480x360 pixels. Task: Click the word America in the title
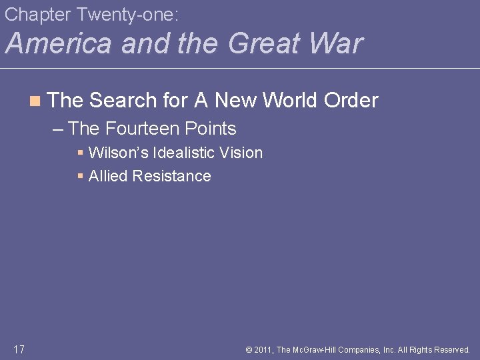pyautogui.click(x=59, y=43)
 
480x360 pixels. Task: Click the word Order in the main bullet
pyautogui.click(x=351, y=101)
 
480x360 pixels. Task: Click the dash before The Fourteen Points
pyautogui.click(x=58, y=128)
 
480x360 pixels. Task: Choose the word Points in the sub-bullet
pyautogui.click(x=209, y=128)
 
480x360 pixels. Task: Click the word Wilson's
pyautogui.click(x=119, y=153)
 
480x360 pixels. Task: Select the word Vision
pyautogui.click(x=246, y=153)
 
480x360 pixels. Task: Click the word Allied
pyautogui.click(x=109, y=176)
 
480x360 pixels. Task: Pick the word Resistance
pyautogui.click(x=172, y=176)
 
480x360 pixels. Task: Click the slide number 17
pyautogui.click(x=19, y=349)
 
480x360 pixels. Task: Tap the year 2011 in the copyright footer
pyautogui.click(x=263, y=349)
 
